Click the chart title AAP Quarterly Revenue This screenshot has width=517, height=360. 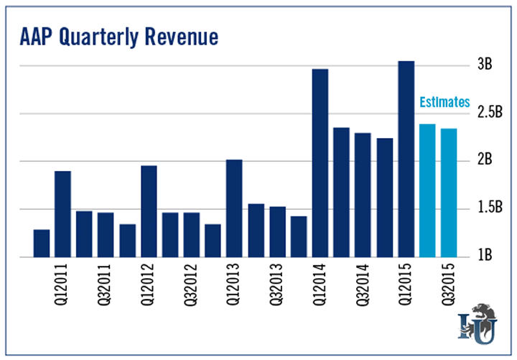coord(118,35)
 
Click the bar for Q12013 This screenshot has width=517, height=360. coord(234,208)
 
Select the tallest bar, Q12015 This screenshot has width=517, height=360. coord(406,159)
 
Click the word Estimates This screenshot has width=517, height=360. coord(444,102)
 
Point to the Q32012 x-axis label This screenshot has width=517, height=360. coord(192,287)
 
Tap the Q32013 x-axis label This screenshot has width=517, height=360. coord(277,287)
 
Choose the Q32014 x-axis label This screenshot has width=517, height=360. coord(363,287)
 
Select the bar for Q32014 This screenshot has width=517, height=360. coord(363,195)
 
